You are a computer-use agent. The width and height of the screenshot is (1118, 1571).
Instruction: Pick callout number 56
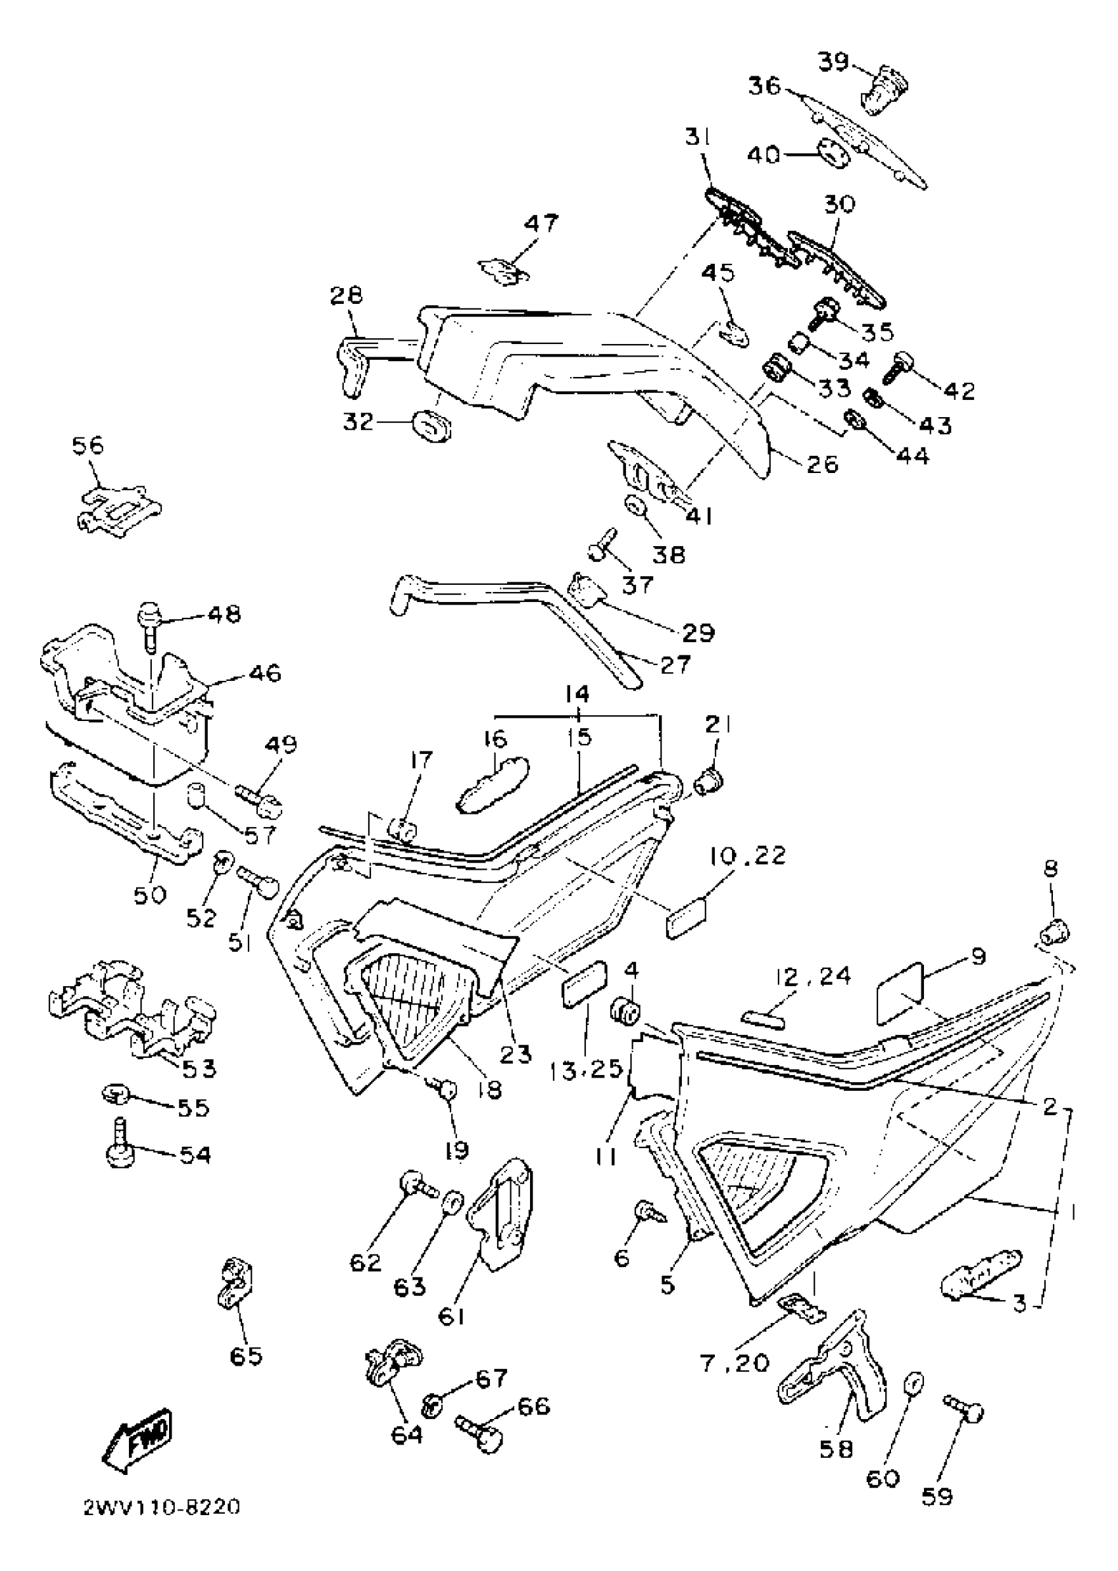pos(88,445)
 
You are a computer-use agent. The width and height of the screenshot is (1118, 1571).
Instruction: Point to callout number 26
pos(823,464)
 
